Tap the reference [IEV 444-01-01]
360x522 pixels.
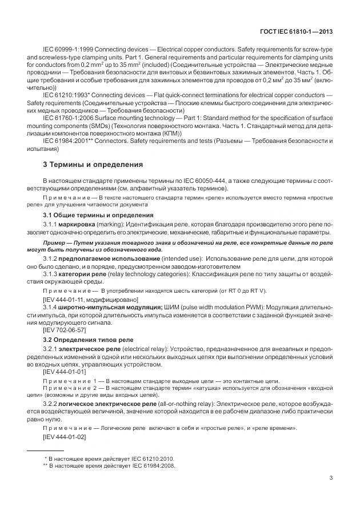tap(65, 372)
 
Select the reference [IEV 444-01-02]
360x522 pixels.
tap(65, 437)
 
